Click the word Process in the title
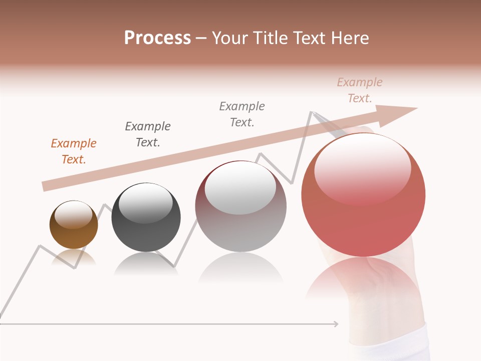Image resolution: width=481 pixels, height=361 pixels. pyautogui.click(x=157, y=38)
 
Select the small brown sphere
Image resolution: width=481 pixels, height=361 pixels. pyautogui.click(x=74, y=225)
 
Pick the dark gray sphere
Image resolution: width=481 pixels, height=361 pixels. pyautogui.click(x=146, y=218)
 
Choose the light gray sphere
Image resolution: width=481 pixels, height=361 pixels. pyautogui.click(x=241, y=206)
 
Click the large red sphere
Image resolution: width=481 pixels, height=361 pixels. pyautogui.click(x=363, y=196)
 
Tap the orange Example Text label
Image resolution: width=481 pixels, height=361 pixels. pyautogui.click(x=74, y=151)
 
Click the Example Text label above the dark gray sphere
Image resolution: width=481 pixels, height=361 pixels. pyautogui.click(x=148, y=134)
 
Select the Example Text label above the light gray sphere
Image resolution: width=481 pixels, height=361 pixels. pyautogui.click(x=242, y=114)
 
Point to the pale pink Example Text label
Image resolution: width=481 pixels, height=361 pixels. pyautogui.click(x=360, y=90)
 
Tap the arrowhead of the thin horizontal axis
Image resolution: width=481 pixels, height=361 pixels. pyautogui.click(x=335, y=324)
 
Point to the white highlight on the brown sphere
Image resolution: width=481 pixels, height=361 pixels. pyautogui.click(x=74, y=215)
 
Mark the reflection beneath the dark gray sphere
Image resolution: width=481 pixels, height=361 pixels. pyautogui.click(x=146, y=264)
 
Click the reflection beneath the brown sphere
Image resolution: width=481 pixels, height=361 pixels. pyautogui.click(x=74, y=258)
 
